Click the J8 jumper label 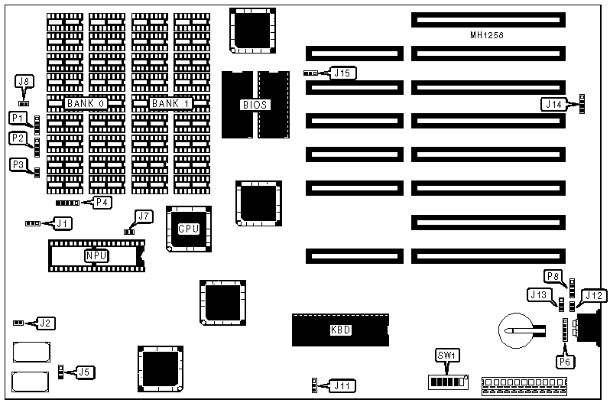click(24, 80)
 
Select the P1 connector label click(18, 118)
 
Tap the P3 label click(18, 164)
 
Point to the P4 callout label click(101, 202)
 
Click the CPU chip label click(188, 229)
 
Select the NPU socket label click(95, 255)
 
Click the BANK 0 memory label click(85, 103)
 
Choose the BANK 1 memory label click(170, 103)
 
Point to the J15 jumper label click(342, 73)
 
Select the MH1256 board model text click(488, 35)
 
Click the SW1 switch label click(445, 356)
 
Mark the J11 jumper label click(341, 386)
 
